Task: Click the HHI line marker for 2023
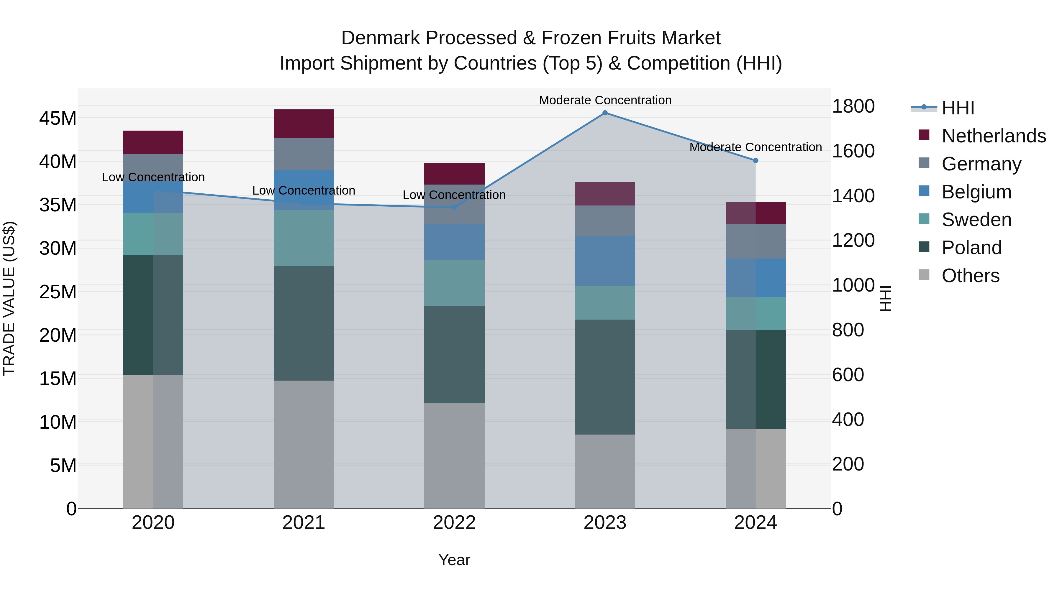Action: (x=605, y=113)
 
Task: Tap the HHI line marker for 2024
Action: (x=755, y=161)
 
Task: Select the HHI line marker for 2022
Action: (x=454, y=207)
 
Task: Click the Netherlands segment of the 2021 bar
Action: (x=304, y=124)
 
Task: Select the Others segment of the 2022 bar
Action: (x=454, y=455)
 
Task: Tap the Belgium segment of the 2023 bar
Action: (x=605, y=260)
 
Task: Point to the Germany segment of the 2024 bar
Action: (x=755, y=241)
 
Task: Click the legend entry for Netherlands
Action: (x=993, y=136)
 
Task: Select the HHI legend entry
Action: (x=957, y=108)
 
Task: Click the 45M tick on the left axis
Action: (x=58, y=119)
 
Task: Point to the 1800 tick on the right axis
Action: (x=853, y=106)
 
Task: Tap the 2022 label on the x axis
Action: (x=454, y=523)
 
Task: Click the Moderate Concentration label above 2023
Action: (x=605, y=100)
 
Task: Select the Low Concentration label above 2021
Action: (x=304, y=190)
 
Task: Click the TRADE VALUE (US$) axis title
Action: (x=9, y=298)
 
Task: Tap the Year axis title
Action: (x=454, y=560)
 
